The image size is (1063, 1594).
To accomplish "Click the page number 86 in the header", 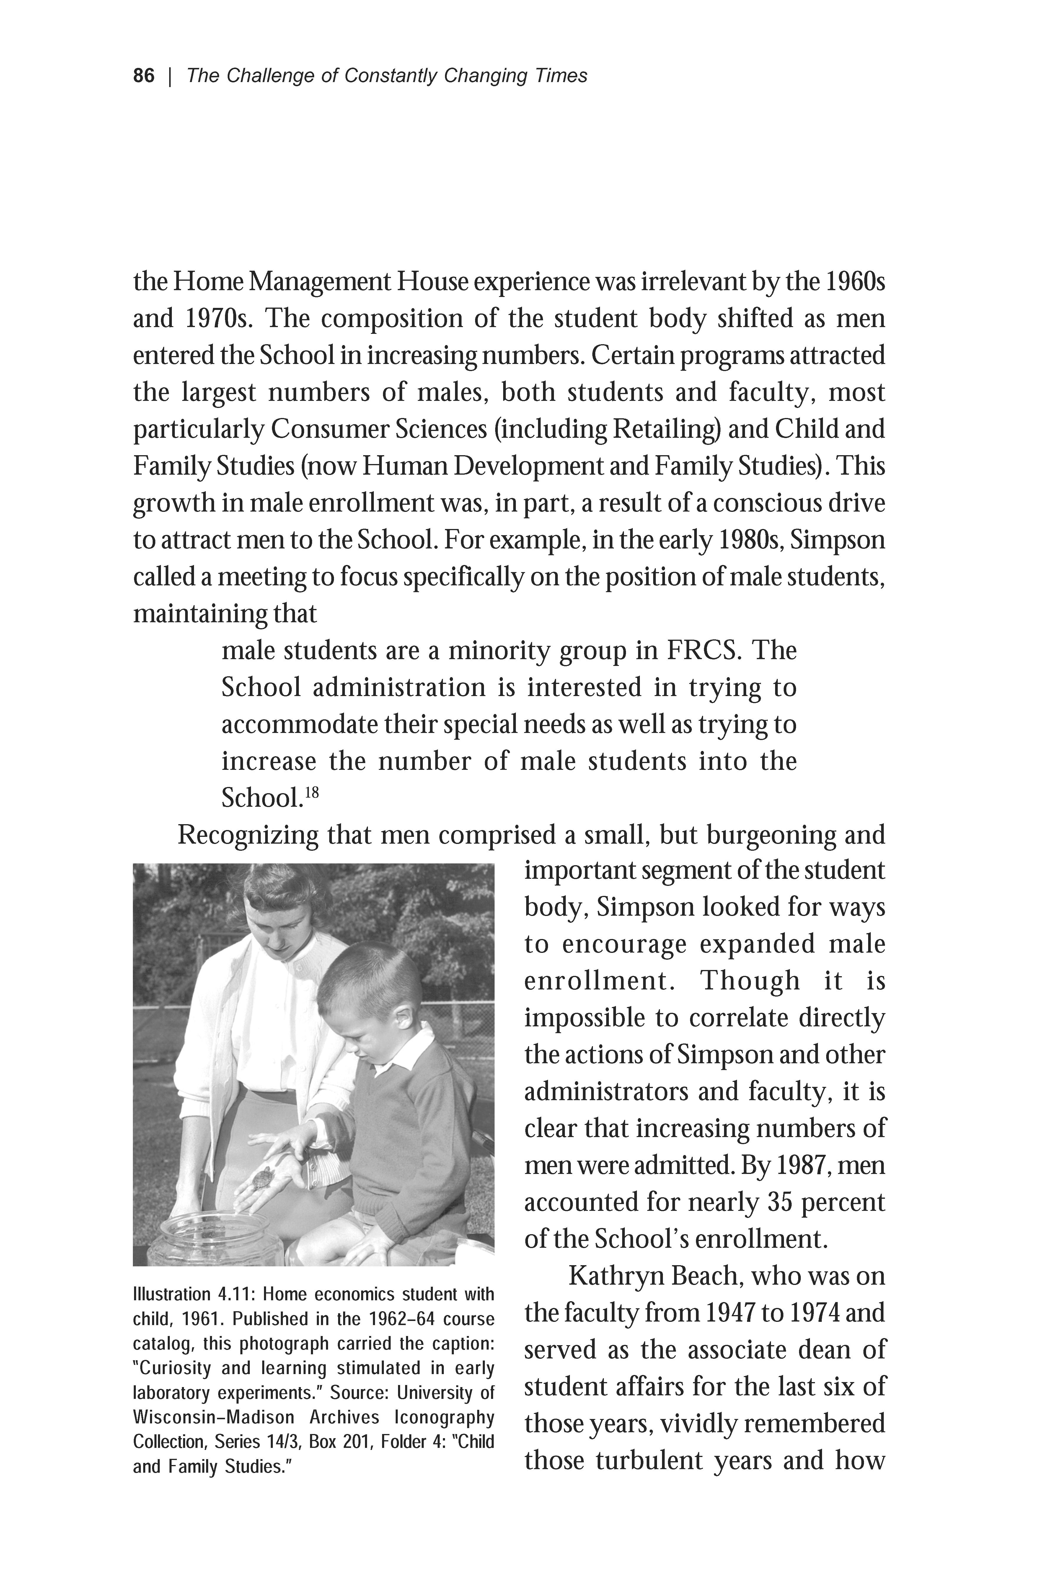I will [x=144, y=76].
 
